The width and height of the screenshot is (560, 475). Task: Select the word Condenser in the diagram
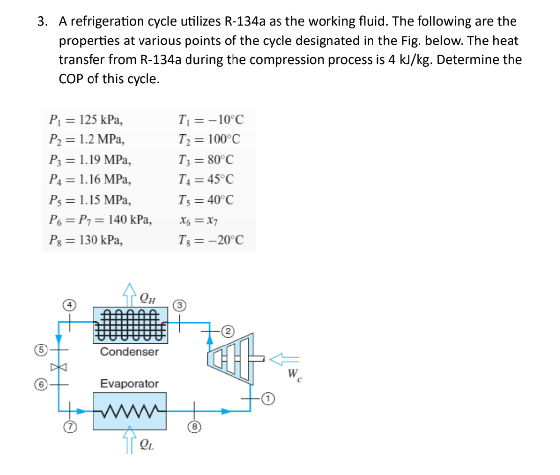click(130, 352)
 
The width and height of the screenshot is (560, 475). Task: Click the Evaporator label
click(130, 384)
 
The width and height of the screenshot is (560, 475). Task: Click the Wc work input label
click(295, 372)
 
